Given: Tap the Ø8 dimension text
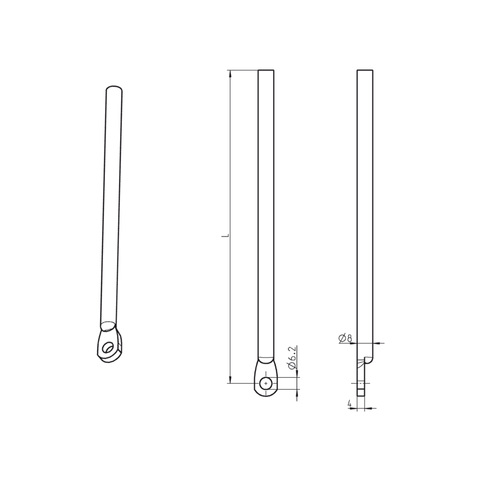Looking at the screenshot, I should [x=345, y=338].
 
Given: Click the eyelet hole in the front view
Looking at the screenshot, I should [x=266, y=383].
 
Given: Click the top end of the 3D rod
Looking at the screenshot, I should [x=114, y=89].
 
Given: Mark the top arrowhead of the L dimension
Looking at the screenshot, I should [x=230, y=74].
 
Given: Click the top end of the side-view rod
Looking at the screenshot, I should [x=365, y=71].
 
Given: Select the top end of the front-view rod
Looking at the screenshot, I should [x=266, y=71].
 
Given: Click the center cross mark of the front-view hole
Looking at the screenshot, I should [x=266, y=383].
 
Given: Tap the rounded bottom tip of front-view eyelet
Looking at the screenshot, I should [x=266, y=396].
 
